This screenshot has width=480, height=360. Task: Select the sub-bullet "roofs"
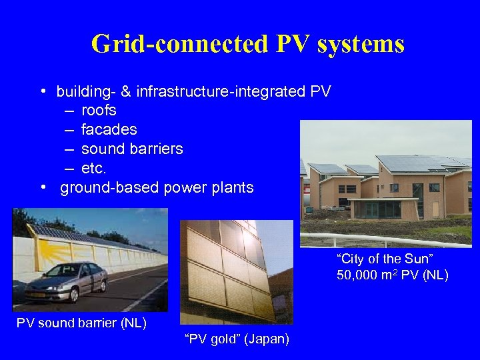point(99,110)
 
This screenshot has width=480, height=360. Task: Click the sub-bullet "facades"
point(109,129)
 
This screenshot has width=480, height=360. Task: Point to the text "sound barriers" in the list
point(132,149)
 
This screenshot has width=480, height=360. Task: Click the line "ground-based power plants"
point(157,187)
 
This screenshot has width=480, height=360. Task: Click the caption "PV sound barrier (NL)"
point(81,324)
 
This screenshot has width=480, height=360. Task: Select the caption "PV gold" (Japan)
point(237,339)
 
